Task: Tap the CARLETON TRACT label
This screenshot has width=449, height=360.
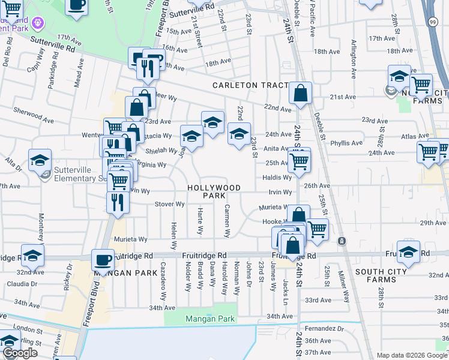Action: tap(252, 85)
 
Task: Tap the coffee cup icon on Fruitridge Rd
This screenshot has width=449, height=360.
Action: tap(103, 260)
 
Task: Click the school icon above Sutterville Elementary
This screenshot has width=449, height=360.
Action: tap(40, 160)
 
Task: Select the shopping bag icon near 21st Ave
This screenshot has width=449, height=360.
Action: tap(300, 94)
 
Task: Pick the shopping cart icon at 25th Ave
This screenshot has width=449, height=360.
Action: tap(298, 160)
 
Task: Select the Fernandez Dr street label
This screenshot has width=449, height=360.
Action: tap(324, 329)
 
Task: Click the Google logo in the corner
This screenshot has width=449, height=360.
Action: tap(20, 353)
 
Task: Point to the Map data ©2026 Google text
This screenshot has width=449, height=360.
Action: tap(411, 355)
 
